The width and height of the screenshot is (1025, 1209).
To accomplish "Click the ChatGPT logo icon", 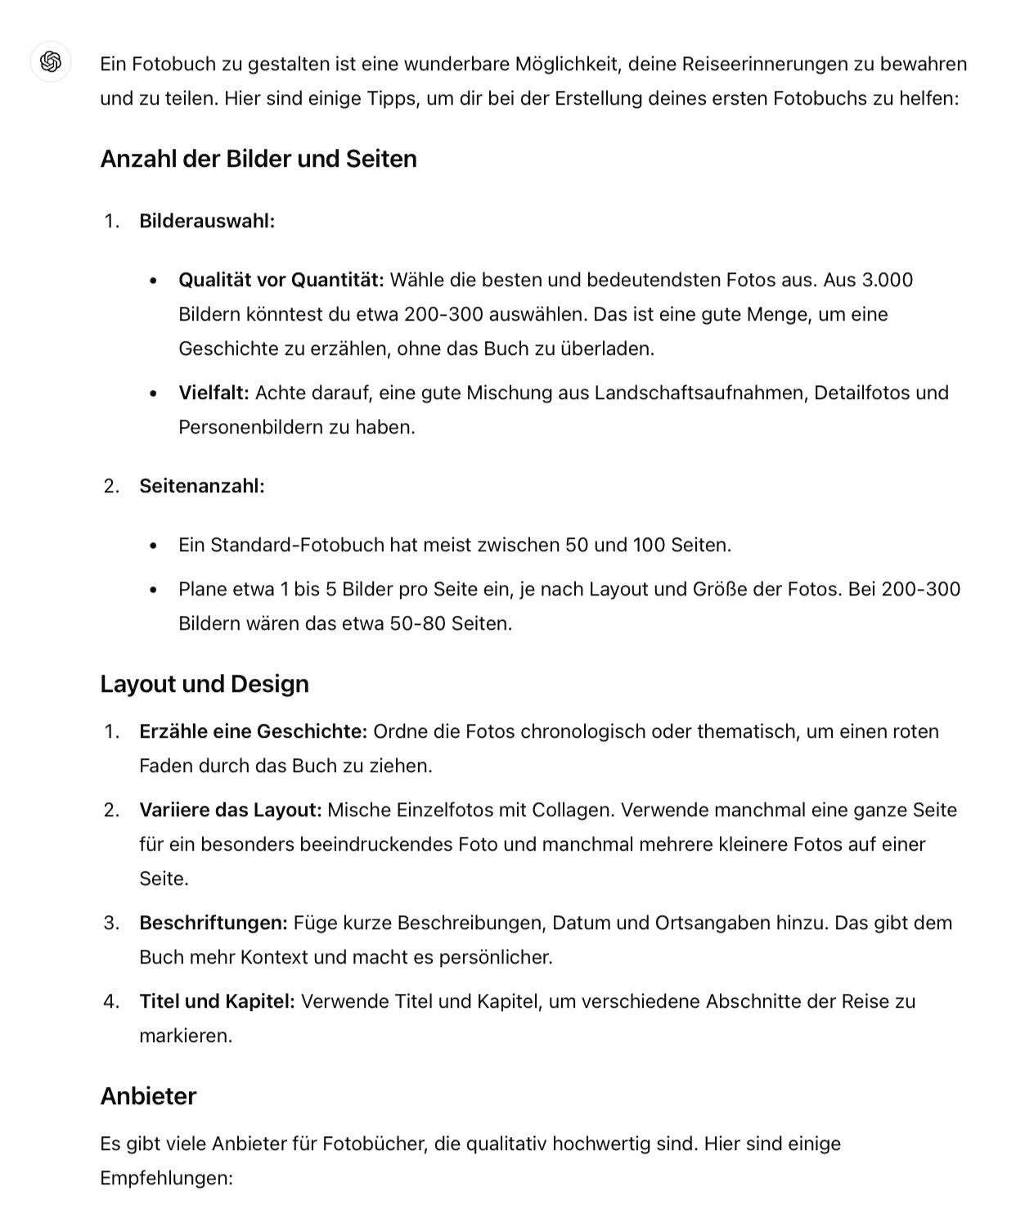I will [50, 61].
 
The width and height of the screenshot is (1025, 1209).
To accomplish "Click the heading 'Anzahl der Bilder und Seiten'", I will [258, 159].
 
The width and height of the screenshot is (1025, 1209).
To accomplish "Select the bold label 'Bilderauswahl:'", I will [207, 221].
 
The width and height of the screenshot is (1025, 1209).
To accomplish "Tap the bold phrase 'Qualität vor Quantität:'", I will [281, 280].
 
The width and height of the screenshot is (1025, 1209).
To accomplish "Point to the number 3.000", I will [888, 280].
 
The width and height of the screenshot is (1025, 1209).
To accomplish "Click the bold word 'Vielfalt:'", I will [214, 393].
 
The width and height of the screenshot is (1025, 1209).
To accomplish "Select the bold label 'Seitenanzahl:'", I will [202, 486].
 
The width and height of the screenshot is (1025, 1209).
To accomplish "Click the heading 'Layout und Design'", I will [205, 684].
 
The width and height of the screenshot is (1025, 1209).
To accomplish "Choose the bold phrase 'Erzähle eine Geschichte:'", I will [253, 731].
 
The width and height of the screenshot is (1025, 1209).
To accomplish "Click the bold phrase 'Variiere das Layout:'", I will [230, 810].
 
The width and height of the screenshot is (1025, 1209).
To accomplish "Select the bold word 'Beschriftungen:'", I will [214, 923].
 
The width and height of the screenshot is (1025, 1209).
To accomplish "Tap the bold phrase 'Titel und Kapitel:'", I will [217, 1001].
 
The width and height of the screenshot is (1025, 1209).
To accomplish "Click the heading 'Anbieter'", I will [148, 1096].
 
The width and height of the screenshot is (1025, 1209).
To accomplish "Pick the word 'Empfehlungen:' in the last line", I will [167, 1178].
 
